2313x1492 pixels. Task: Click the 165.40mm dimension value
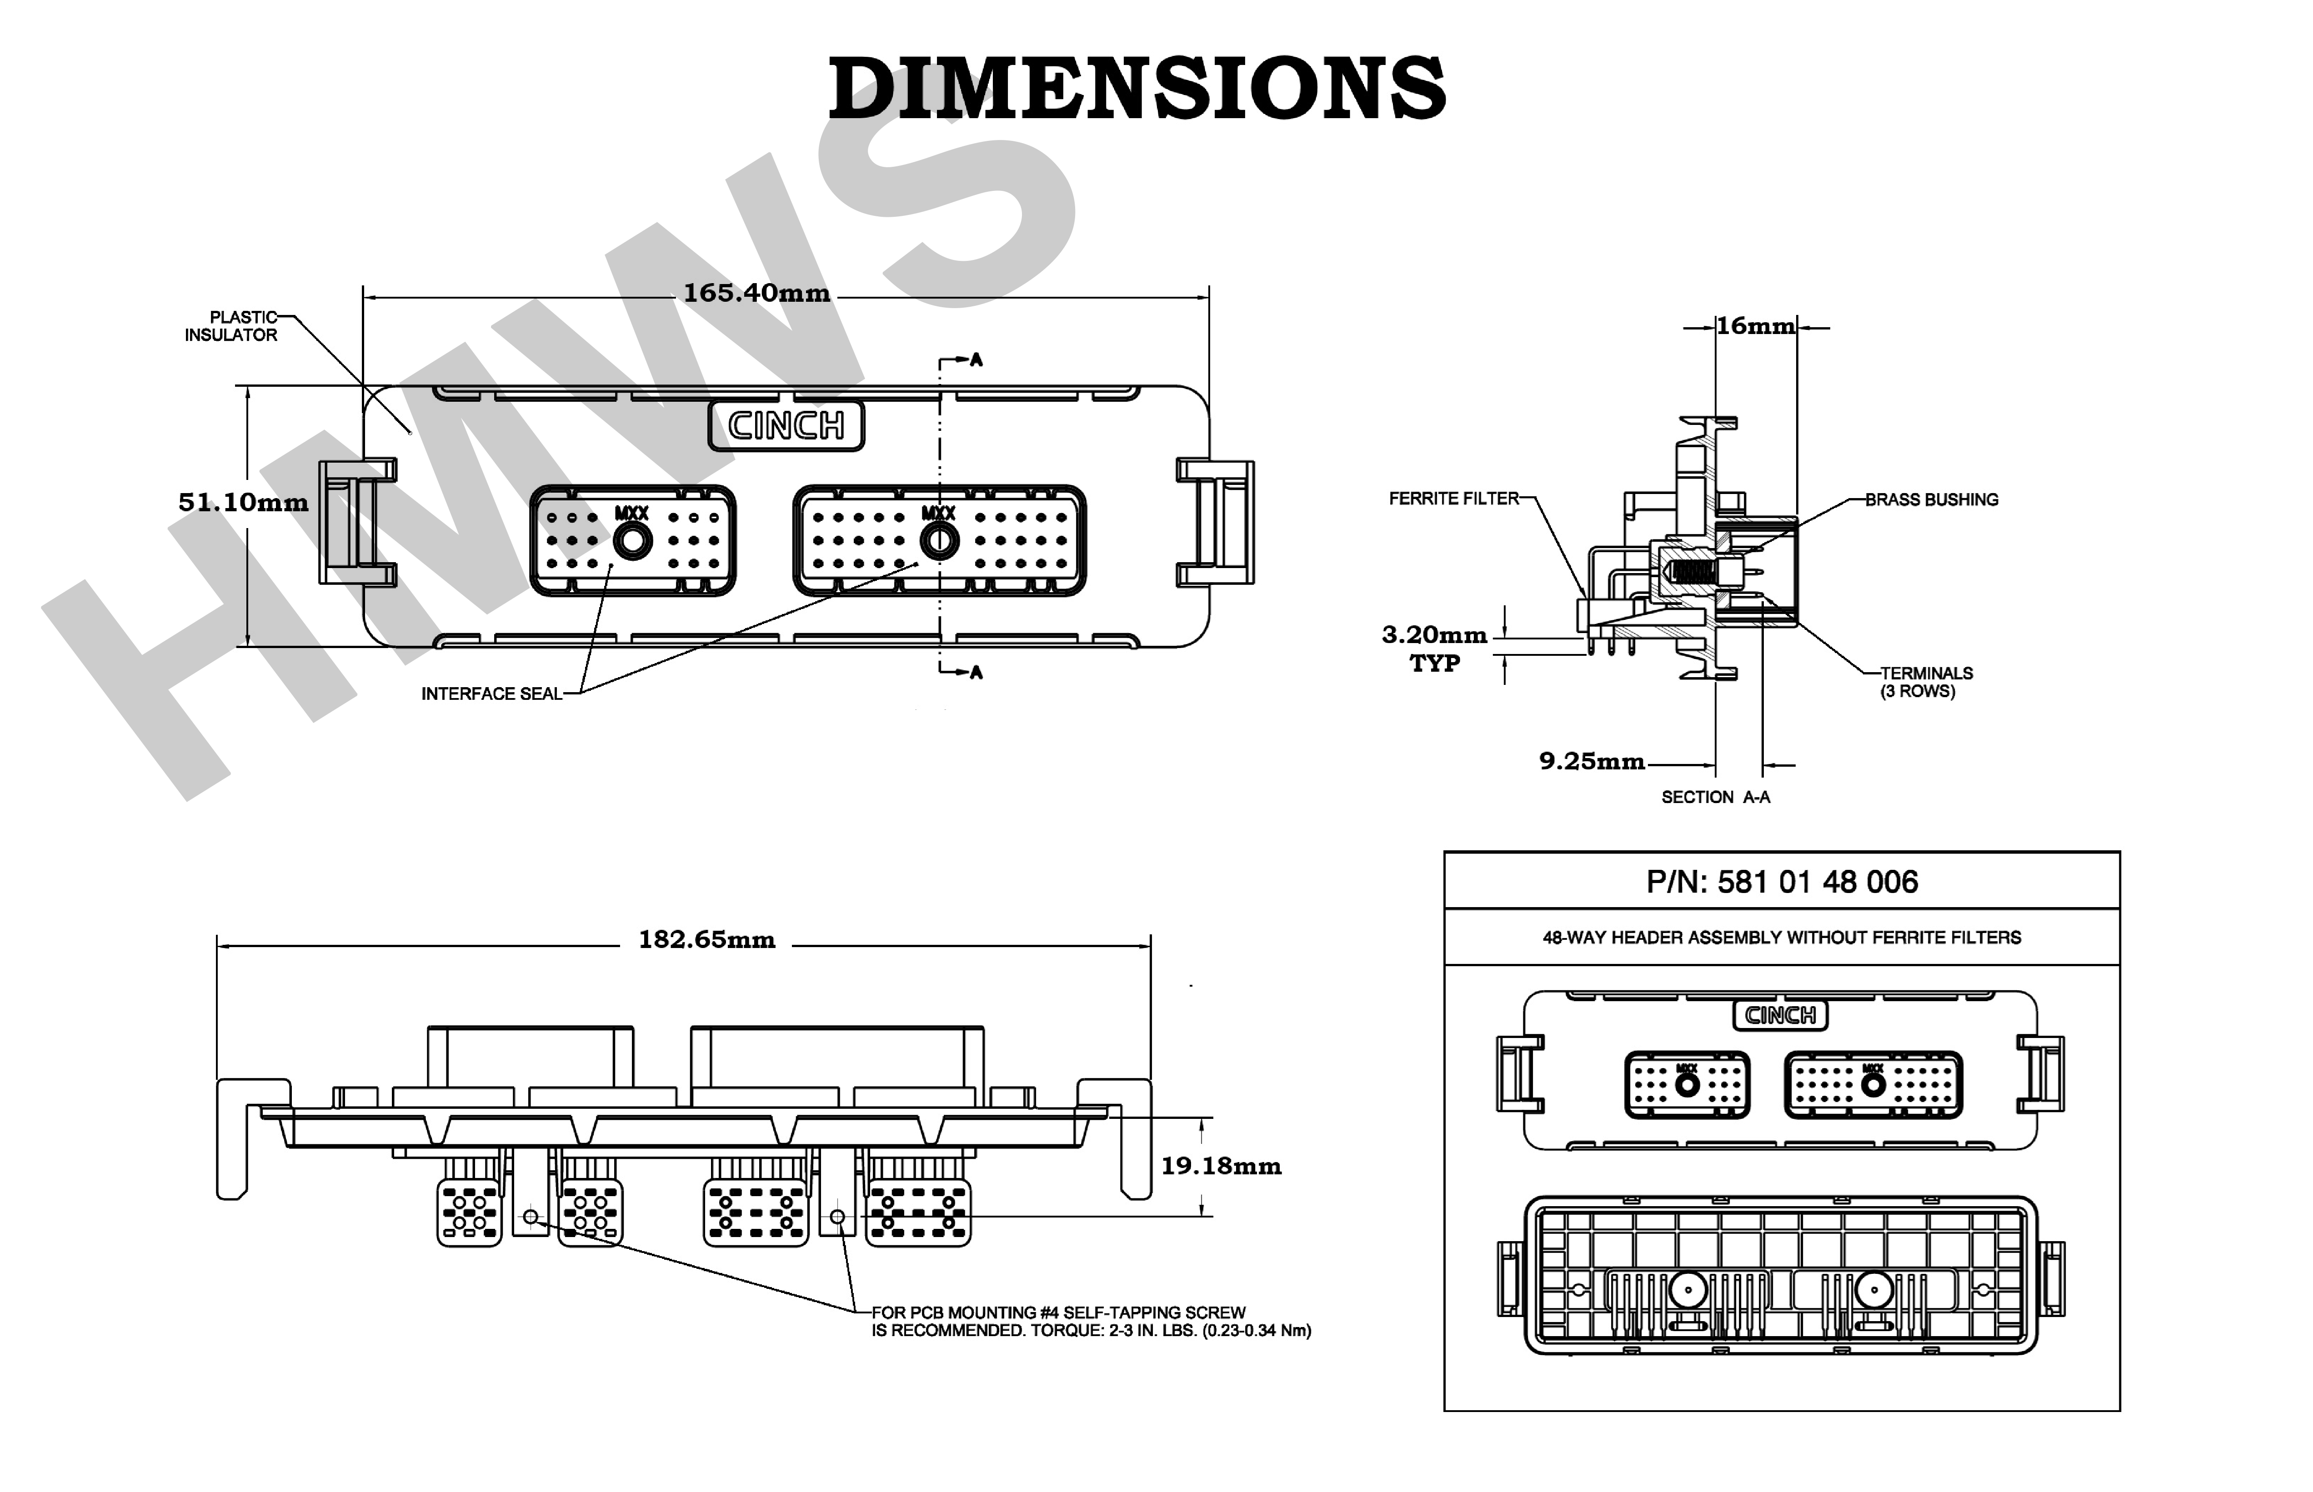(x=757, y=293)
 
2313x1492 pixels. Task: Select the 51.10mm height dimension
(x=243, y=502)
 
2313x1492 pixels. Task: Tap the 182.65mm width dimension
(x=706, y=940)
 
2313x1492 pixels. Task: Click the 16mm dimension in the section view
(x=1755, y=326)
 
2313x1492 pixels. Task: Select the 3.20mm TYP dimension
(x=1434, y=648)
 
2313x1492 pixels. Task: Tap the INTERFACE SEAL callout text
(x=491, y=694)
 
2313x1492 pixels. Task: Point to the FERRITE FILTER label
(x=1453, y=499)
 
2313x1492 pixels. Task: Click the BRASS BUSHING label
(x=1931, y=500)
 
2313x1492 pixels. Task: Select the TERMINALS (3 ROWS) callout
(x=1925, y=682)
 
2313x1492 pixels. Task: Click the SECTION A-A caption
(x=1715, y=797)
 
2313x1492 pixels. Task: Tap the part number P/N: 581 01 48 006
(x=1781, y=882)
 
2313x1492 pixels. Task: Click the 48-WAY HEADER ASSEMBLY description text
(x=1781, y=938)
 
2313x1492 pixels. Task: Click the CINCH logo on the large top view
(x=786, y=425)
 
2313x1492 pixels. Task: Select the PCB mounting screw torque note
(x=1090, y=1322)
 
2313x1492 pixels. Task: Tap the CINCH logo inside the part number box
(x=1780, y=1015)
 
